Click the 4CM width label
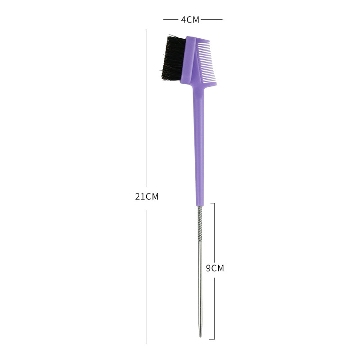point(190,20)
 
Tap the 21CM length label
point(147,197)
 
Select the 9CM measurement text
point(215,268)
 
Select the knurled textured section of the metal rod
point(200,223)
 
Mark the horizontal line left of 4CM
point(171,20)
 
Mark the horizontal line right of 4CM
point(211,20)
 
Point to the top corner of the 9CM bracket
point(214,203)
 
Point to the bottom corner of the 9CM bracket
point(214,339)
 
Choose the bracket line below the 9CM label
point(214,306)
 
